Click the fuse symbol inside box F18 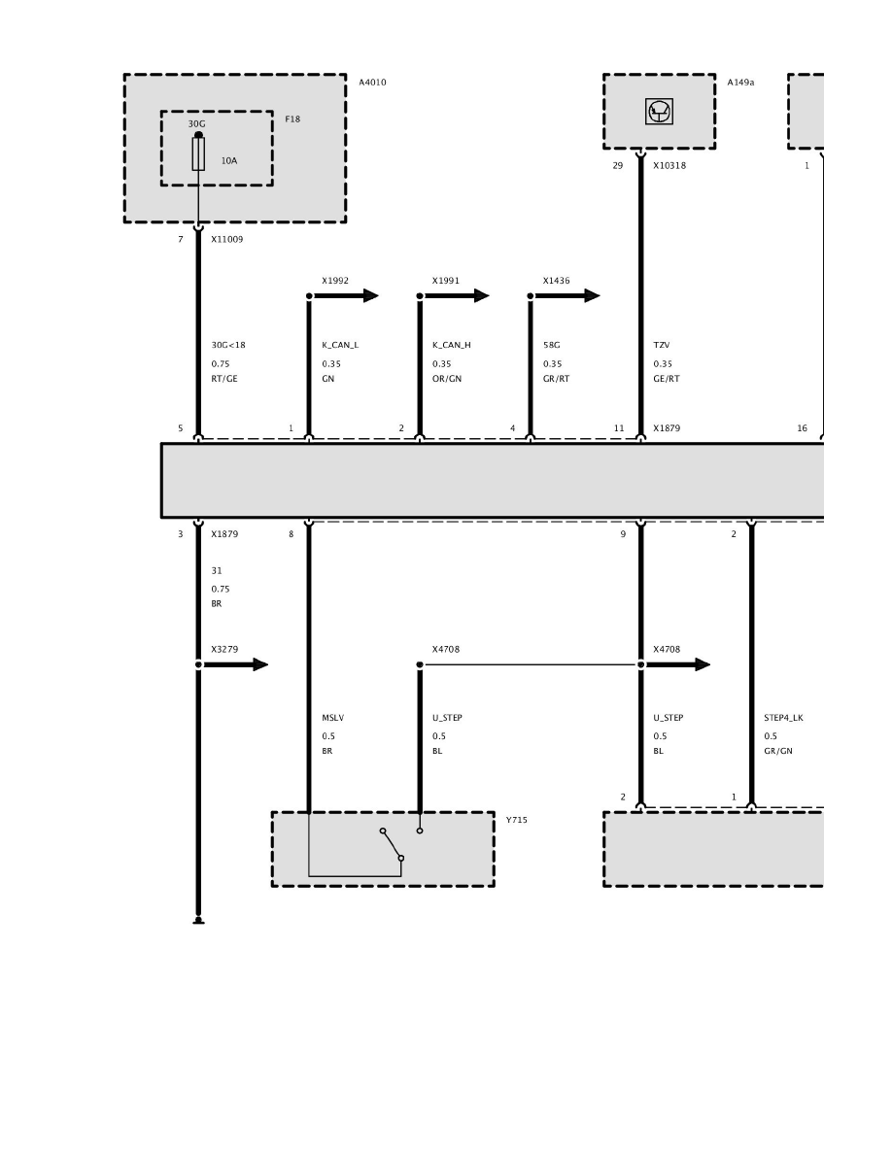point(198,153)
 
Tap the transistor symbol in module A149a point(659,112)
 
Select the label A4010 point(372,83)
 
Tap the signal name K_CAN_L point(340,345)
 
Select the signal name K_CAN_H point(451,345)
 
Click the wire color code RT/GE point(224,379)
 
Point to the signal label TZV point(662,345)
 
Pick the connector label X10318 point(669,165)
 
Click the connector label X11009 point(226,239)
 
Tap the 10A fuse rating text point(229,160)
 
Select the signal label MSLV point(332,718)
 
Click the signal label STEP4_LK point(784,718)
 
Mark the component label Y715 point(517,820)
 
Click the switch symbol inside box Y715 point(392,844)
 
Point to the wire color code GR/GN point(778,752)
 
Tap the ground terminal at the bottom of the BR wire point(198,921)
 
